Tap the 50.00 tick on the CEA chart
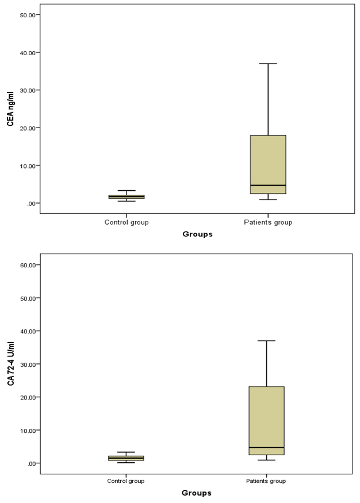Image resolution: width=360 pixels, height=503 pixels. pyautogui.click(x=28, y=15)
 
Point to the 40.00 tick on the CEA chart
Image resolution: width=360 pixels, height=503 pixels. pyautogui.click(x=28, y=52)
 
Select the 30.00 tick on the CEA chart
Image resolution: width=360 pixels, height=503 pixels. pyautogui.click(x=28, y=90)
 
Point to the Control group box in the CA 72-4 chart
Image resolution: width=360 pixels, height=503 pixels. pyautogui.click(x=127, y=458)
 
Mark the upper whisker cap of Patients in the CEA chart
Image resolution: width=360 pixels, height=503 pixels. pyautogui.click(x=267, y=63)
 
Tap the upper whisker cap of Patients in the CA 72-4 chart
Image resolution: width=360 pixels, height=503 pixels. pyautogui.click(x=267, y=341)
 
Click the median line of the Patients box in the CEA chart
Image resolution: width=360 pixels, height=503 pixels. pyautogui.click(x=267, y=185)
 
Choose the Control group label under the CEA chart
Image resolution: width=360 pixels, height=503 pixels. pyautogui.click(x=127, y=222)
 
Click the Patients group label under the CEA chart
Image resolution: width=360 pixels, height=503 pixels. pyautogui.click(x=267, y=222)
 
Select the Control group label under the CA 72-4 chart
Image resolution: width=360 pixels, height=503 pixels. pyautogui.click(x=127, y=481)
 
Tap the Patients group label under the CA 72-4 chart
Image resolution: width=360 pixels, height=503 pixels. pyautogui.click(x=267, y=481)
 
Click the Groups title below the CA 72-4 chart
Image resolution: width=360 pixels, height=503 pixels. pyautogui.click(x=197, y=493)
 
